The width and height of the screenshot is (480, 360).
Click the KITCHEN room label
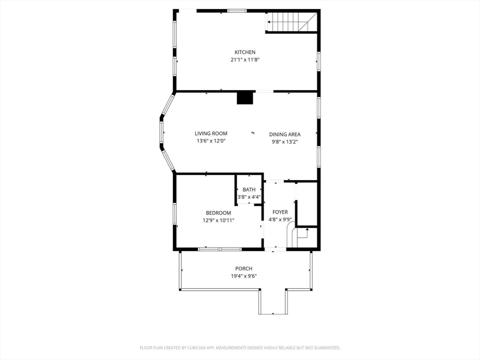pos(245,52)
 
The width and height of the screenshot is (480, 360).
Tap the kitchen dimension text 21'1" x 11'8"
pos(245,60)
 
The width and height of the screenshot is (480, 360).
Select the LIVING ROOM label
pos(211,134)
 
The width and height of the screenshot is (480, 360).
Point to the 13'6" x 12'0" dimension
pos(211,141)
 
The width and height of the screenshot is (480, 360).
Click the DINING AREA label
pos(285,135)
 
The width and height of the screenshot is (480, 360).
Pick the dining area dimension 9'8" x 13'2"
pos(285,142)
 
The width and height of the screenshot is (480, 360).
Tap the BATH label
pos(249,190)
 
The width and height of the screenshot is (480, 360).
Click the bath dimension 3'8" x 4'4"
pos(249,197)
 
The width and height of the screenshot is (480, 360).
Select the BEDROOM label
pos(218,213)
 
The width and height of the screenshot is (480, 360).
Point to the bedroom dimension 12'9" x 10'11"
pos(218,220)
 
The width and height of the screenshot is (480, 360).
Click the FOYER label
pos(280,212)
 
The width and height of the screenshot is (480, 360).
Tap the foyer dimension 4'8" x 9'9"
pos(280,219)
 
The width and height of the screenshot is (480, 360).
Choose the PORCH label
pos(244,269)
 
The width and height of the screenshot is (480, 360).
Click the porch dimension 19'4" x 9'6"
pos(244,276)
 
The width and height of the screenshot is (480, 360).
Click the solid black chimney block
pos(246,98)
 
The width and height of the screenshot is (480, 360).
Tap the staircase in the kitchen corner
pos(291,22)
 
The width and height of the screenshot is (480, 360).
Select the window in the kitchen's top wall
pos(237,11)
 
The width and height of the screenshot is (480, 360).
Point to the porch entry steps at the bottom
pos(273,302)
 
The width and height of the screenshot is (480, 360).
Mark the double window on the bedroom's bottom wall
pos(220,249)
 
